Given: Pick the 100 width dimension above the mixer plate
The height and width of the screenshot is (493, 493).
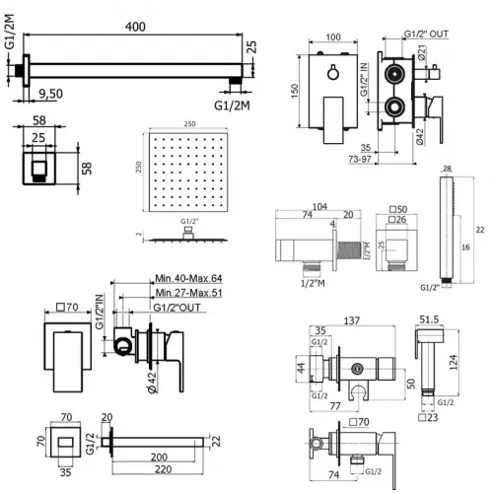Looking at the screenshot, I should [331, 37].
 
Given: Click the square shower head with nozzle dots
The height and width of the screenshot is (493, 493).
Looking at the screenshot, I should [186, 170].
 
